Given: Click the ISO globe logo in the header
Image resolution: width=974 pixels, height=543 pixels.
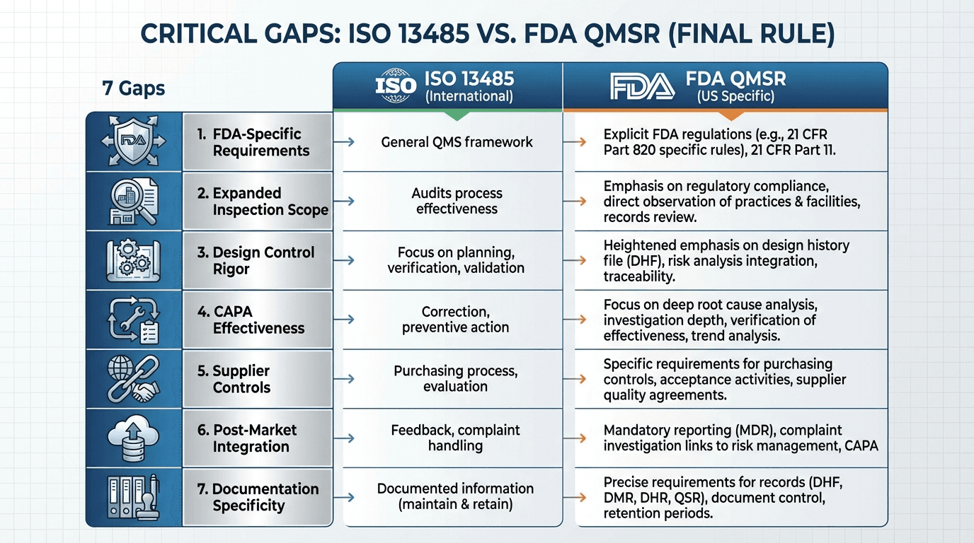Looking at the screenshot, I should [x=396, y=87].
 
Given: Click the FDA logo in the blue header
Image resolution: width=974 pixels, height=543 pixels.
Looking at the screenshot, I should [x=643, y=87].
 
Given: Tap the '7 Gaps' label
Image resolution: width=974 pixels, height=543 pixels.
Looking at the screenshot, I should [x=134, y=89].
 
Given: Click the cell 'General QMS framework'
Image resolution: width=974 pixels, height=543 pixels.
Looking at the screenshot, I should [x=457, y=142].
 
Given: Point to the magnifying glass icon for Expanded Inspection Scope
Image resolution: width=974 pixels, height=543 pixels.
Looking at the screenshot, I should [x=134, y=201].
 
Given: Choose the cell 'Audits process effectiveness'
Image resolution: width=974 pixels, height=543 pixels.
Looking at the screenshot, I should [x=457, y=201].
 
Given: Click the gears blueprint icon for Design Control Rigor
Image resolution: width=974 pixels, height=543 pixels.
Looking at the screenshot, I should [x=134, y=260].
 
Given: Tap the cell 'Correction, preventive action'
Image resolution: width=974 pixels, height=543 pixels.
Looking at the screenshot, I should [x=456, y=320].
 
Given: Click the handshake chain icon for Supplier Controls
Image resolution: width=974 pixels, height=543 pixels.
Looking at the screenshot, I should [x=134, y=378].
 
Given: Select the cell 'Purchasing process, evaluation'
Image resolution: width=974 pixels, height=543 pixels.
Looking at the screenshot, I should [x=456, y=378].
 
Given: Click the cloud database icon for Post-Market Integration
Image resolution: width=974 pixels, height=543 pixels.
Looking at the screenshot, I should [x=134, y=438].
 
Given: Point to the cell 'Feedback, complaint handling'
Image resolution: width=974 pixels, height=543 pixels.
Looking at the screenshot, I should [x=456, y=438].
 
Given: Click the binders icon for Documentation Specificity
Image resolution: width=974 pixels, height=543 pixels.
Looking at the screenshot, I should [x=134, y=496].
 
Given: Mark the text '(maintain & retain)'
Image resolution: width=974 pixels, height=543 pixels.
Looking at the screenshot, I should [x=455, y=505].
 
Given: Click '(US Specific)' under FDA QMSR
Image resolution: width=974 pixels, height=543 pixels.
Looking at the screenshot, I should [x=735, y=95].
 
